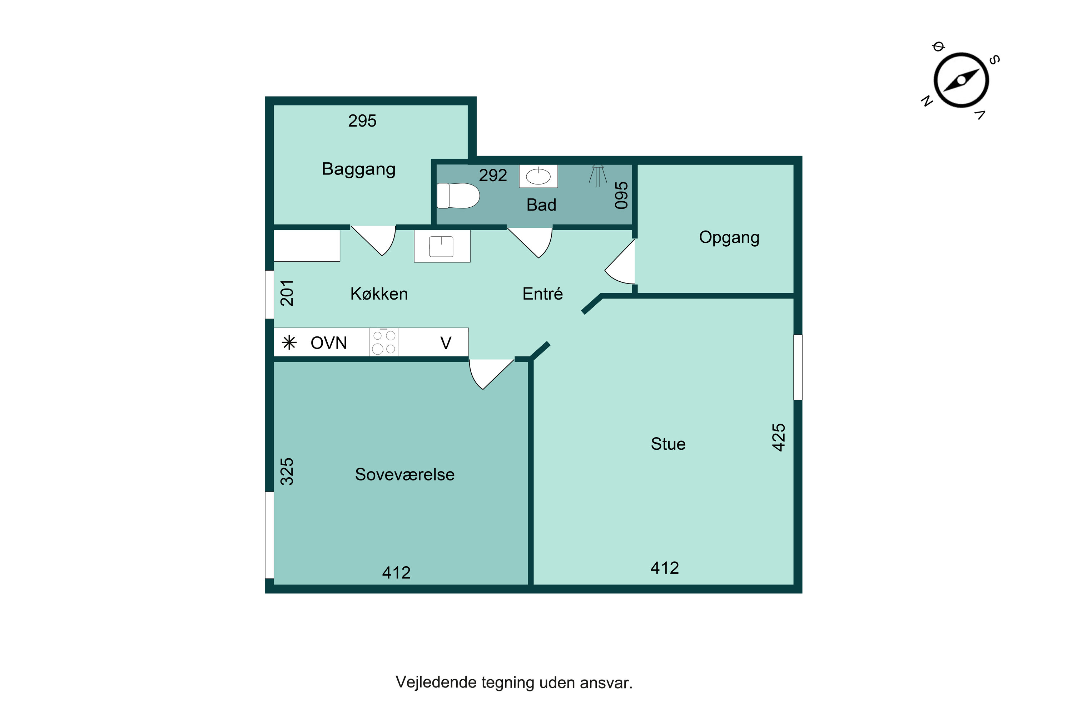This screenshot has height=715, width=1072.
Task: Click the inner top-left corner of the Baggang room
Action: [x=274, y=105]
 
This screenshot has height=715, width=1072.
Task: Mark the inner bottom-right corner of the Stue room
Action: [x=794, y=584]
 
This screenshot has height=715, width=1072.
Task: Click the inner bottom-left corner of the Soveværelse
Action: [x=274, y=584]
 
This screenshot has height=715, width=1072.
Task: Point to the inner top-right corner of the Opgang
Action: [x=794, y=164]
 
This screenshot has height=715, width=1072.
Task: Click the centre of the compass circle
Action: [x=961, y=80]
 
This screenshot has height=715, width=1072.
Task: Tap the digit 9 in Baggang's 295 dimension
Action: [x=362, y=121]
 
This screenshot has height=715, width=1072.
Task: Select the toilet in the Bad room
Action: [x=458, y=196]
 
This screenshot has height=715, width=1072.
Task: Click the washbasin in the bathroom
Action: [x=538, y=176]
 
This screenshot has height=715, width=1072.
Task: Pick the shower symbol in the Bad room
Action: [x=597, y=176]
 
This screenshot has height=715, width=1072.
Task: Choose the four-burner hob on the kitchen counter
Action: [x=384, y=342]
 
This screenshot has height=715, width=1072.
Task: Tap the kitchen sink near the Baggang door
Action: [x=442, y=246]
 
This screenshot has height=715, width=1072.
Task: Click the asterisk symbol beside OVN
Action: [x=289, y=342]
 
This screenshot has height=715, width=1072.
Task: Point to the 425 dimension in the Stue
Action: [x=779, y=437]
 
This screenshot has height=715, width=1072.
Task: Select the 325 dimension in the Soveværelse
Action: [x=287, y=472]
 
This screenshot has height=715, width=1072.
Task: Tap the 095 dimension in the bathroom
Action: [x=621, y=195]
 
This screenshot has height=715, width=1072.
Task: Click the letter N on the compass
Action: [x=927, y=101]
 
